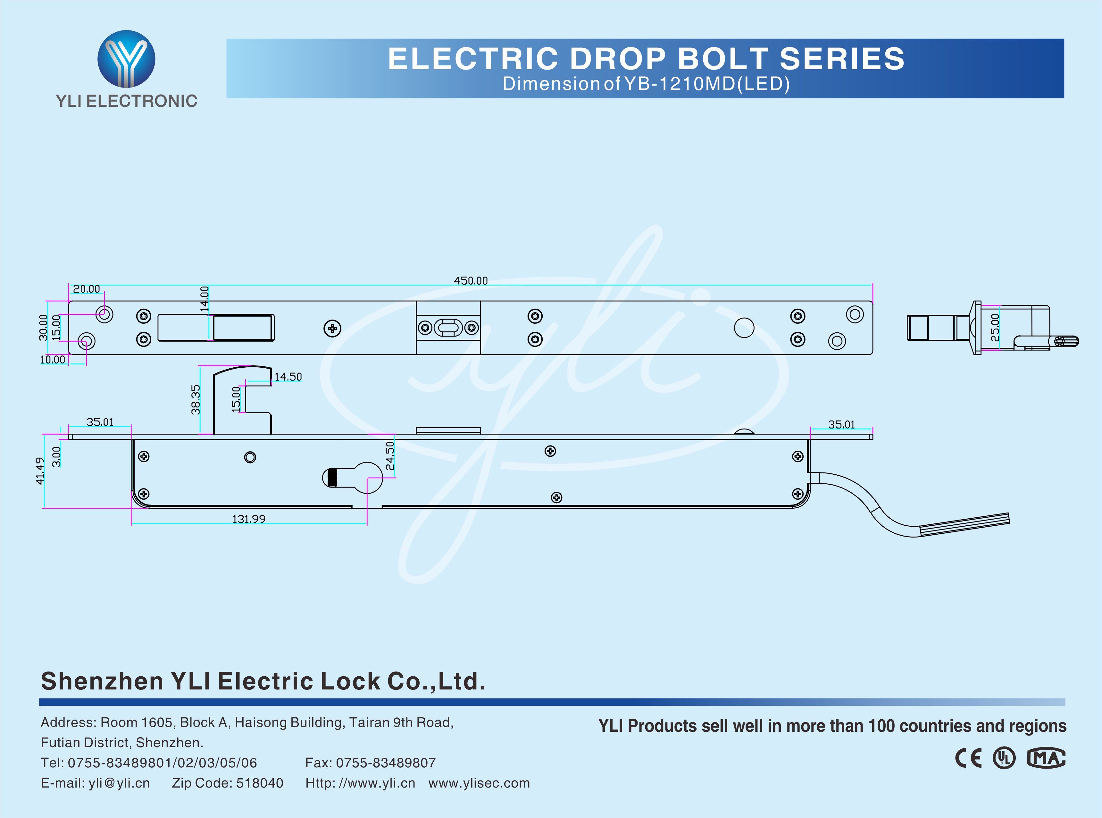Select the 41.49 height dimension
(40, 471)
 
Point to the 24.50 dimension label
(390, 455)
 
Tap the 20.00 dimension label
(86, 289)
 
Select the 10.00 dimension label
(53, 360)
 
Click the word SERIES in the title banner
(842, 59)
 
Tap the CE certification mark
(968, 758)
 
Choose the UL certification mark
(1004, 758)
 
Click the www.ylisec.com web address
(479, 783)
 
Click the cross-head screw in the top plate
(332, 328)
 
